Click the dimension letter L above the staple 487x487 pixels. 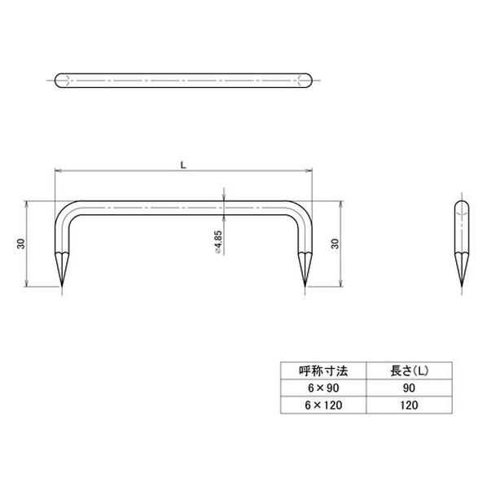pyautogui.click(x=183, y=165)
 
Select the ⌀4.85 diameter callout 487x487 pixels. pyautogui.click(x=218, y=242)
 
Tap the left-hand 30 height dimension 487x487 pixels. pyautogui.click(x=21, y=243)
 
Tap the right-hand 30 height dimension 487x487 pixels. pyautogui.click(x=335, y=243)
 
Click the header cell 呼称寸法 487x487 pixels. pyautogui.click(x=323, y=371)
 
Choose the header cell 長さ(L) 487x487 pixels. pyautogui.click(x=409, y=371)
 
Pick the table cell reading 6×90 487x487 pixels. pyautogui.click(x=323, y=388)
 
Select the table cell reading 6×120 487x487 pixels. pyautogui.click(x=323, y=405)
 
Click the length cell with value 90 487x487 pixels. pyautogui.click(x=409, y=388)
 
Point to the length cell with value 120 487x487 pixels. pyautogui.click(x=409, y=405)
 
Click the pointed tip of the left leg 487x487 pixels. pyautogui.click(x=62, y=287)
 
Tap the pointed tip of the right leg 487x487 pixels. pyautogui.click(x=305, y=287)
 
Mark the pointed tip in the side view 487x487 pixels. pyautogui.click(x=462, y=287)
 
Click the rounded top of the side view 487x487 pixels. pyautogui.click(x=462, y=202)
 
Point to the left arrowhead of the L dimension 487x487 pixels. pyautogui.click(x=58, y=170)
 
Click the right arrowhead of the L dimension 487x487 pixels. pyautogui.click(x=309, y=170)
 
